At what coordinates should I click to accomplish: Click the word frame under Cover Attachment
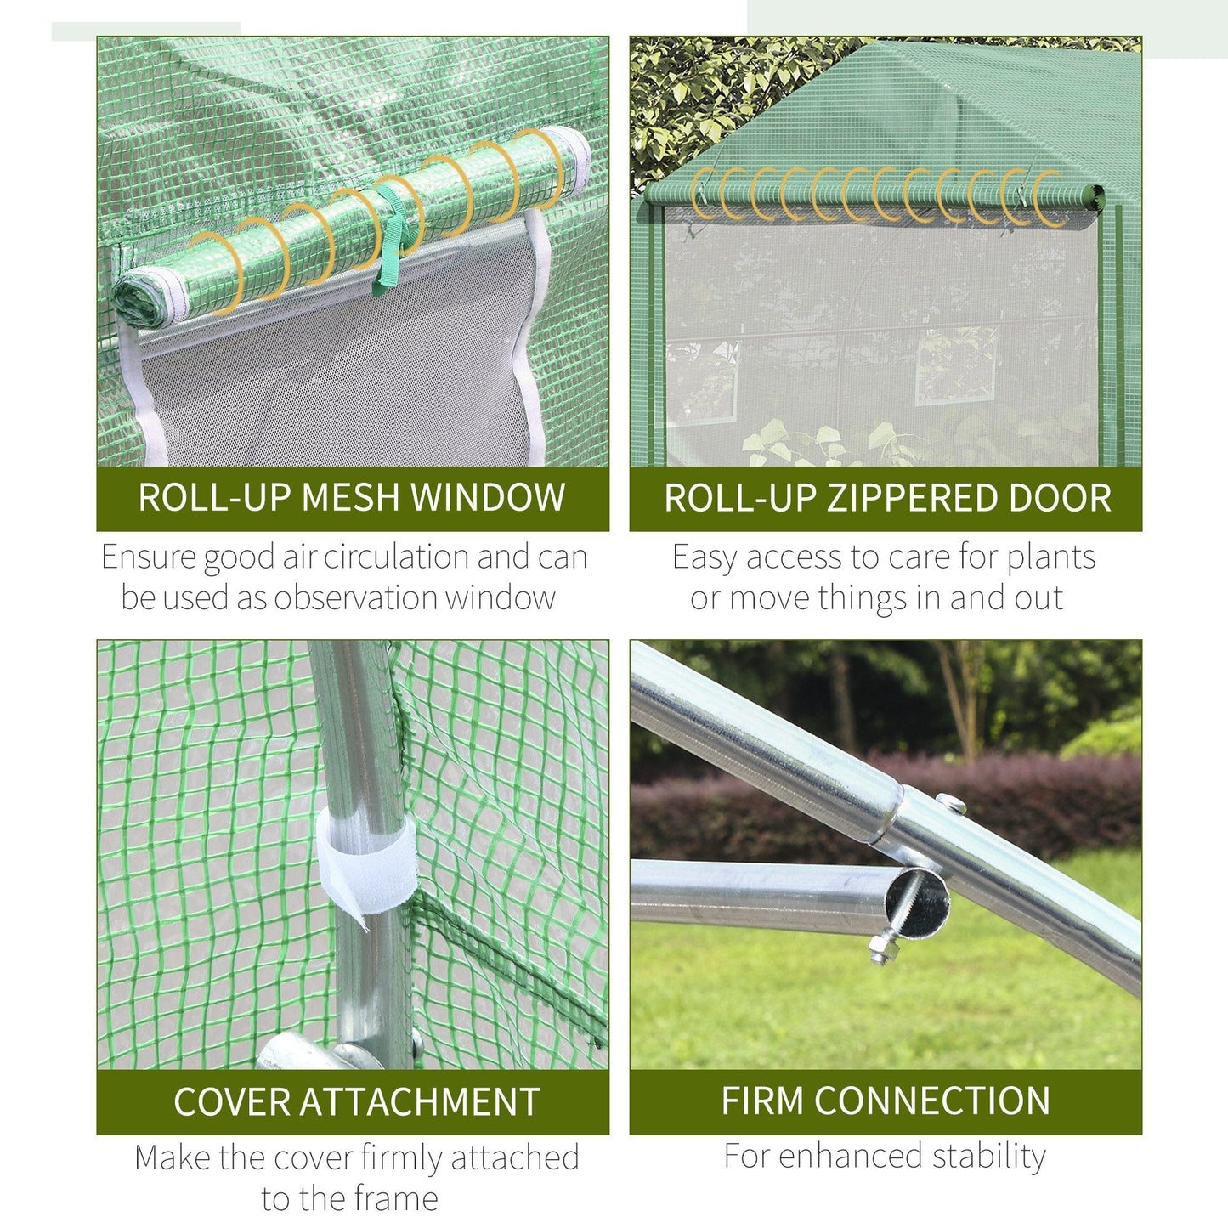[394, 1199]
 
